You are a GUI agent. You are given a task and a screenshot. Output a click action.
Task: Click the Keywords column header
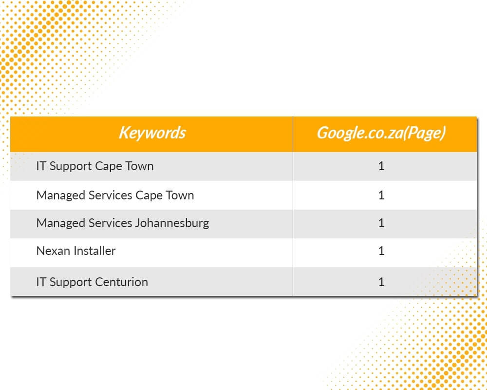click(152, 133)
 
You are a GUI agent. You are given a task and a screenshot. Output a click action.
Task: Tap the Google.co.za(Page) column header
click(381, 133)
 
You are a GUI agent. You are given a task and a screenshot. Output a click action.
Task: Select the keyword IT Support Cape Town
click(95, 166)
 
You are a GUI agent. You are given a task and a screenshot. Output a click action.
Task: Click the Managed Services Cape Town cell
click(115, 195)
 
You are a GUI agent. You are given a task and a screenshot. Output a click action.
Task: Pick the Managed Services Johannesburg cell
click(123, 223)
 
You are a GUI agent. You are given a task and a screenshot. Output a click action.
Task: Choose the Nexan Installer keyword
click(76, 251)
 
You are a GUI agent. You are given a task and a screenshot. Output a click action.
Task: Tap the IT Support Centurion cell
click(92, 282)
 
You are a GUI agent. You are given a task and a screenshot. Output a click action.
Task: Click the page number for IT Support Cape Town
click(381, 166)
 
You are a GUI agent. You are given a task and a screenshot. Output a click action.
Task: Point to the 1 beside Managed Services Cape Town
click(381, 195)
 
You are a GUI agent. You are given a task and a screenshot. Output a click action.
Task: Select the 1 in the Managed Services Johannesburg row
click(381, 223)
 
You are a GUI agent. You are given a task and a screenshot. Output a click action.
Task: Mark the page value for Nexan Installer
click(381, 251)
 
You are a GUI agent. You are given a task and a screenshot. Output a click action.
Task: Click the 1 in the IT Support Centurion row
click(381, 282)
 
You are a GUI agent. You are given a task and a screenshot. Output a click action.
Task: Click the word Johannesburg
click(172, 224)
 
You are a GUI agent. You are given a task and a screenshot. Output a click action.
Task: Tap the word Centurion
click(121, 282)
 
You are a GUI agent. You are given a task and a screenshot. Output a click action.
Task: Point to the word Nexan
click(53, 251)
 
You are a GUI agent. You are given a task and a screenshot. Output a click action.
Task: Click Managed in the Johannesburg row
click(61, 224)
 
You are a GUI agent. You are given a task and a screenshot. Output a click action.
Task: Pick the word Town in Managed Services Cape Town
click(180, 195)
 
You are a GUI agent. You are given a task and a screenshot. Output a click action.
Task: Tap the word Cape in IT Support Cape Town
click(109, 166)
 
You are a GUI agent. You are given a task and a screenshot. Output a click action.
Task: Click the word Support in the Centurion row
click(71, 282)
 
